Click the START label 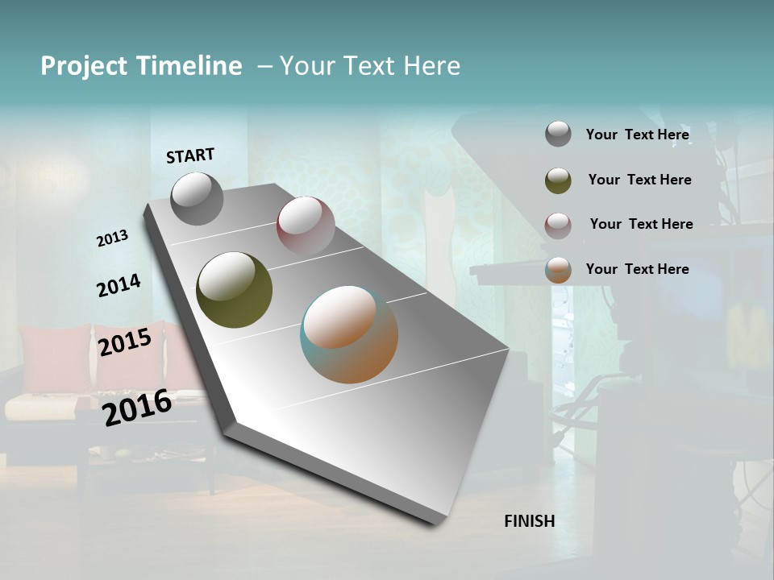(x=190, y=155)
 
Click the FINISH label (x=529, y=521)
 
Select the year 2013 (x=112, y=238)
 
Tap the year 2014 (x=119, y=285)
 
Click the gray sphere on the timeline (x=197, y=198)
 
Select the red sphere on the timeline (x=306, y=225)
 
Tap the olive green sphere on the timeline (x=234, y=290)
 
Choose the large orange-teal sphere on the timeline (x=349, y=334)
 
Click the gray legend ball (x=558, y=135)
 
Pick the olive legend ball (x=558, y=180)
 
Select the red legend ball (x=558, y=225)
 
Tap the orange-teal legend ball (x=558, y=270)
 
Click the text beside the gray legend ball (x=637, y=135)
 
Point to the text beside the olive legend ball (x=639, y=180)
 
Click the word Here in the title (x=431, y=66)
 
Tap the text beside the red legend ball (x=641, y=224)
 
